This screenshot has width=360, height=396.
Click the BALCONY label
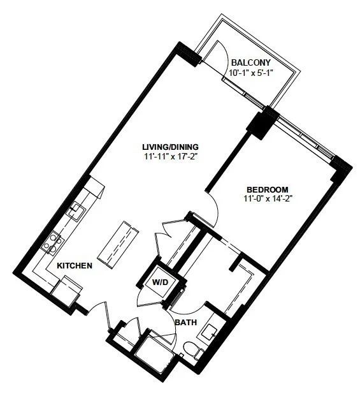(251, 62)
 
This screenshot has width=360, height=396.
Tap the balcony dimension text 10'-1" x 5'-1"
(251, 73)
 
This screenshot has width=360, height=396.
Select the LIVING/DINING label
(171, 147)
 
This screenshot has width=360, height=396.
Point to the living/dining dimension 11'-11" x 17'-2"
(170, 157)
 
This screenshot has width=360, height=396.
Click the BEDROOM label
(267, 189)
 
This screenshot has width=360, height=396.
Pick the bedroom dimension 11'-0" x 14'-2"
(268, 199)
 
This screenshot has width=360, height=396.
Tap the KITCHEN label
(75, 266)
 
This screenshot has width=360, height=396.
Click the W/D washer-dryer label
(160, 282)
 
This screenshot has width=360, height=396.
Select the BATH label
(186, 323)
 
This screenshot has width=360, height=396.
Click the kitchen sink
(75, 211)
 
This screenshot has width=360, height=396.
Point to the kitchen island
(119, 244)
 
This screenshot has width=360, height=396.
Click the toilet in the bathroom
(194, 350)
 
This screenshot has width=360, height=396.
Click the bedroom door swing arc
(214, 207)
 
